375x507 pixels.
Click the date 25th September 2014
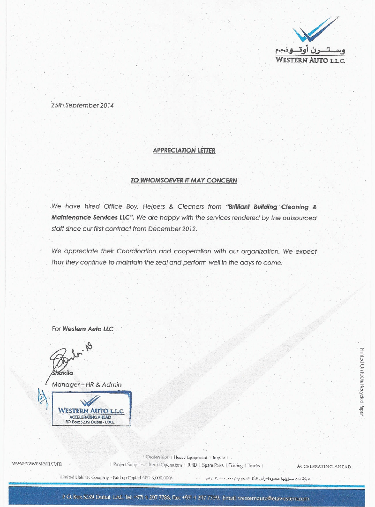click(x=82, y=105)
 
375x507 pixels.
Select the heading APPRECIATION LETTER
click(x=184, y=151)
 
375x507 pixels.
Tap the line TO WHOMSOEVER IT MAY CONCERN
click(x=184, y=180)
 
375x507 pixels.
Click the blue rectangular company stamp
click(x=91, y=409)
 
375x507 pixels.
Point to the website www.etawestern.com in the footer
click(x=37, y=464)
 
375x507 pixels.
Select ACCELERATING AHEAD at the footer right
click(x=324, y=467)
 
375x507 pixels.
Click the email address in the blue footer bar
click(x=266, y=498)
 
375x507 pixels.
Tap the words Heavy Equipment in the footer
click(x=190, y=457)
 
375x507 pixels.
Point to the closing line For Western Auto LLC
click(x=82, y=329)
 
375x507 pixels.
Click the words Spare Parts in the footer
click(x=212, y=465)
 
